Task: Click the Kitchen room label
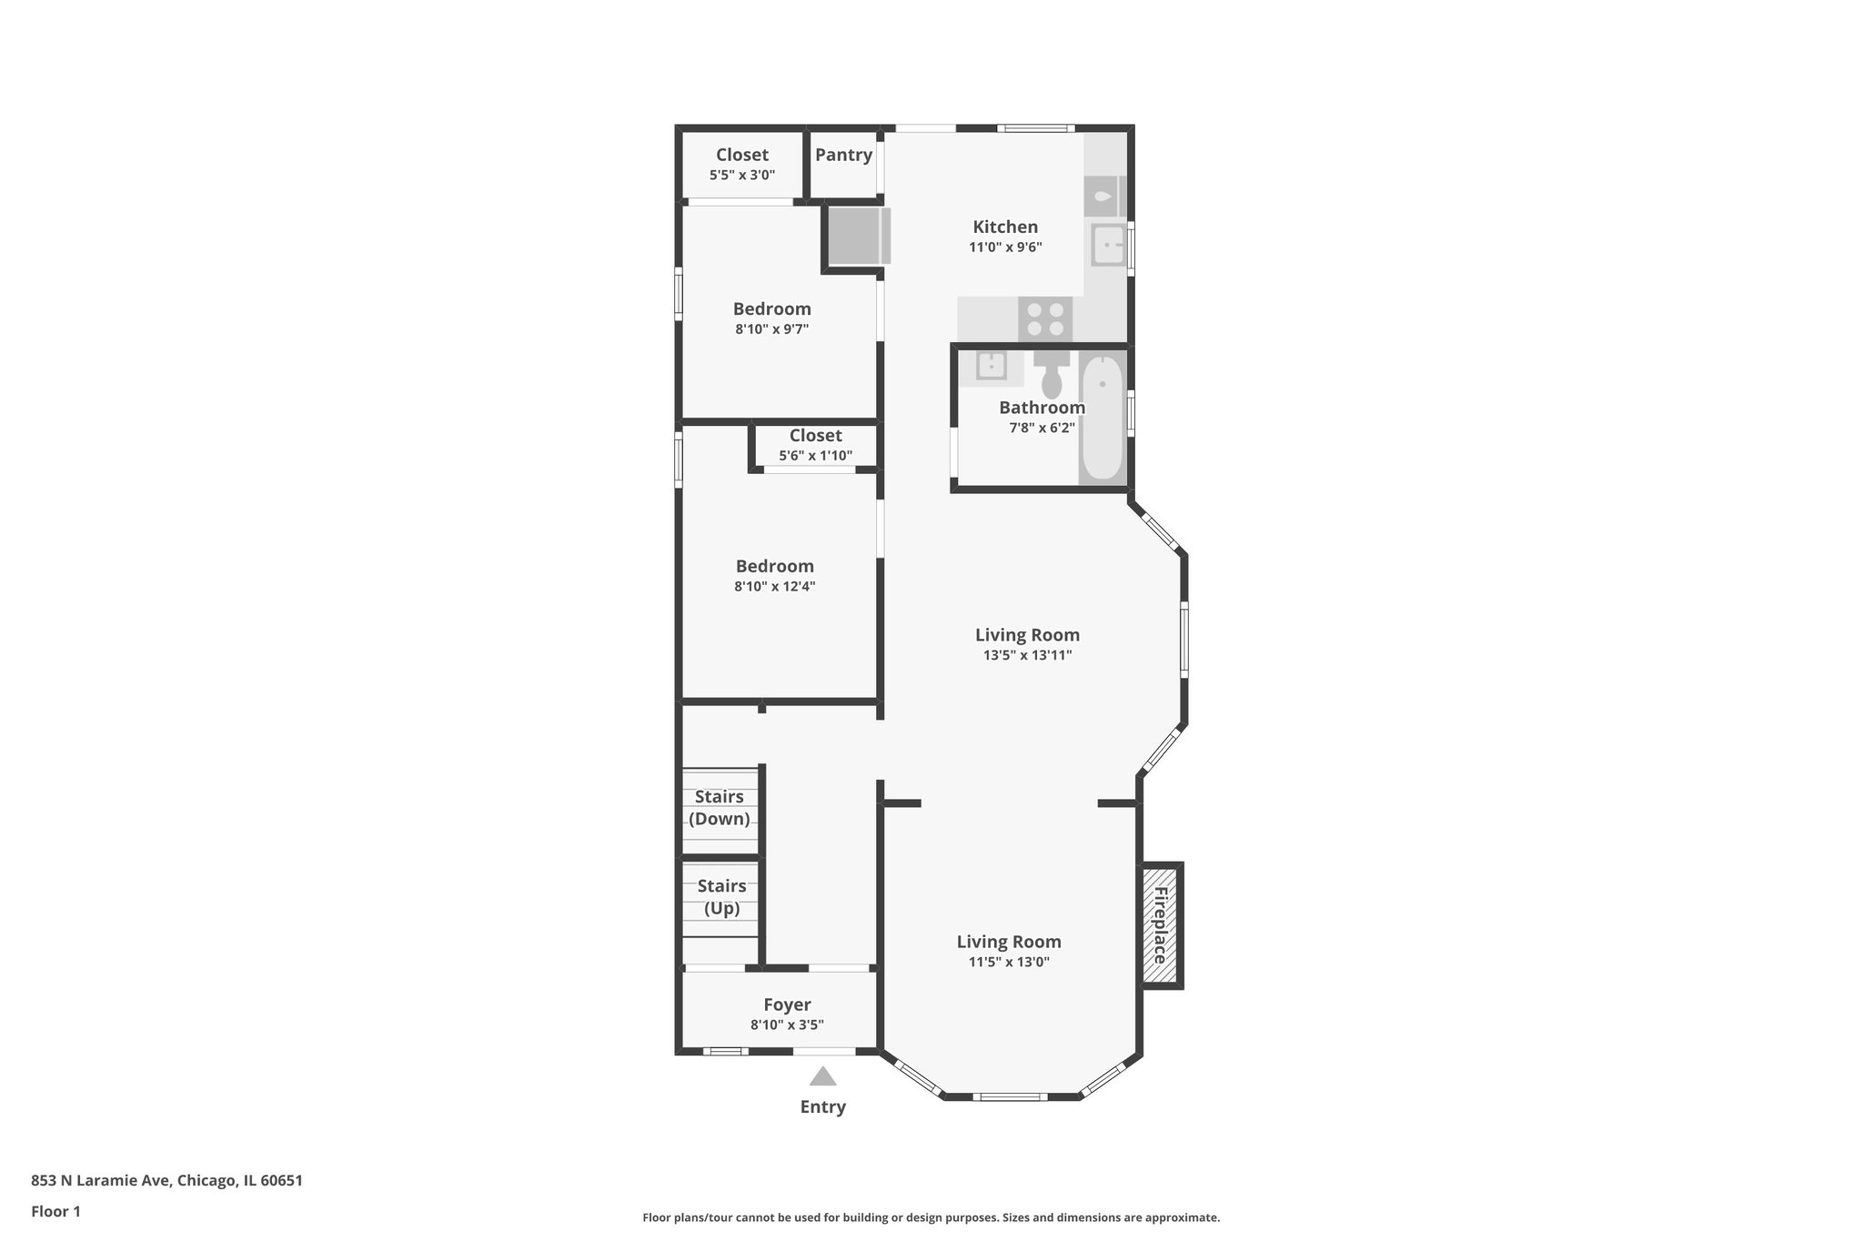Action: point(1005,227)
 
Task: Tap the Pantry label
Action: point(843,155)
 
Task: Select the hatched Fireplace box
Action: point(1161,925)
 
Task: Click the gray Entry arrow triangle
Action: point(823,1077)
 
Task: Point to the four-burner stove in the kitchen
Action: point(1045,319)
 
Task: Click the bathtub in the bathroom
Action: point(1103,417)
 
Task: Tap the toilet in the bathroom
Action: point(1052,374)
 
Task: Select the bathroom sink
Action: point(991,366)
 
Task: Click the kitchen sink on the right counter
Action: point(1109,245)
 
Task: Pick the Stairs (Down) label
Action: point(720,808)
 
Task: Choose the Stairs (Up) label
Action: point(721,897)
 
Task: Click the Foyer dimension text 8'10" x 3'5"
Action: point(787,1025)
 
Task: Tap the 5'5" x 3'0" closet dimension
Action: point(742,175)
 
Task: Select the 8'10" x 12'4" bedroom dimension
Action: point(775,587)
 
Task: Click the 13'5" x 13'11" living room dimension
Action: point(1027,655)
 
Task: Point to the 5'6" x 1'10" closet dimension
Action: point(816,456)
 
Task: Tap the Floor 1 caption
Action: point(55,1211)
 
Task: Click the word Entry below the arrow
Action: point(823,1107)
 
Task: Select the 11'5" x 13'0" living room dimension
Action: point(1009,962)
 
